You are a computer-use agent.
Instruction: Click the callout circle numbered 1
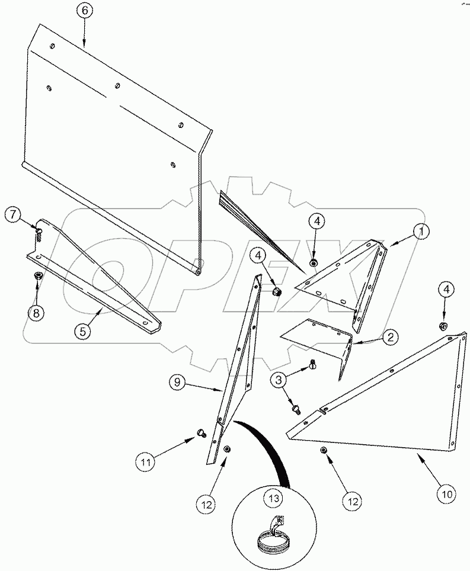pos(421,233)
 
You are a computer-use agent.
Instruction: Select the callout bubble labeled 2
pos(389,338)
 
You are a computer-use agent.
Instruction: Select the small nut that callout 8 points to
pos(38,275)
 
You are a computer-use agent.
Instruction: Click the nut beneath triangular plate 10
pos(324,451)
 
